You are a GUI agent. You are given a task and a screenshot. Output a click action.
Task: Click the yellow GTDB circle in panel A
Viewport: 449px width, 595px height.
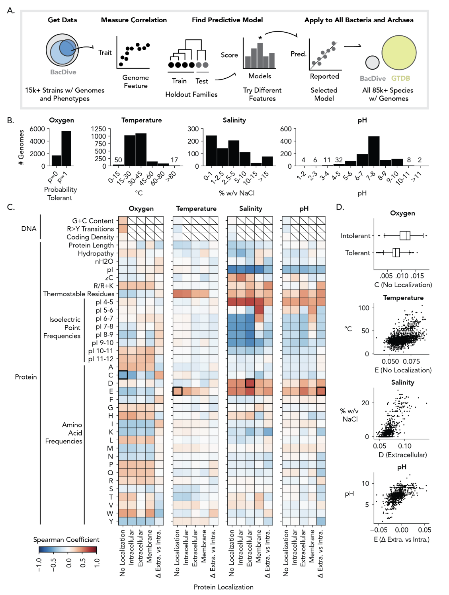click(399, 53)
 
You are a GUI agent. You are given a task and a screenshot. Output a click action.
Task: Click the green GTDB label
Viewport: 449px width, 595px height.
click(400, 78)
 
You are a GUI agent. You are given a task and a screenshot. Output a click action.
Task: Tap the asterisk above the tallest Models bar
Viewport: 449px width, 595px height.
click(260, 38)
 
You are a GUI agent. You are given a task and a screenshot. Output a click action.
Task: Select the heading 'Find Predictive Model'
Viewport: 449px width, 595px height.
click(227, 20)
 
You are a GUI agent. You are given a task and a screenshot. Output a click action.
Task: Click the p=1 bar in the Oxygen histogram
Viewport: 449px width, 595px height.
click(66, 148)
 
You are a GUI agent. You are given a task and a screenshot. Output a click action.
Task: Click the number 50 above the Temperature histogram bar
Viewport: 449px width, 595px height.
click(118, 160)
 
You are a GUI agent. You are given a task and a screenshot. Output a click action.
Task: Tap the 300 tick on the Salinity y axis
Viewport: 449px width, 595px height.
click(193, 129)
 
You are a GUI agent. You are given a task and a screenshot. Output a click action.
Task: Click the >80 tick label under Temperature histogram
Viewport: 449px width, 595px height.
click(171, 175)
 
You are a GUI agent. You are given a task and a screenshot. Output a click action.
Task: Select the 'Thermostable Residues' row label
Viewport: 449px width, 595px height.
click(78, 294)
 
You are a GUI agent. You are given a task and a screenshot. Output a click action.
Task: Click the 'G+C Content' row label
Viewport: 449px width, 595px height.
click(93, 221)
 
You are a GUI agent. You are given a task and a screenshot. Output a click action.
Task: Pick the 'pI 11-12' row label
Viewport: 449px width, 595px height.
click(101, 359)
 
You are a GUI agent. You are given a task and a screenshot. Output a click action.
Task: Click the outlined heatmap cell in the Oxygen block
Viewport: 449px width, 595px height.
click(123, 375)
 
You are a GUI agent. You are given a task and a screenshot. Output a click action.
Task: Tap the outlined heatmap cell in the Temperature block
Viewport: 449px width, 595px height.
click(178, 391)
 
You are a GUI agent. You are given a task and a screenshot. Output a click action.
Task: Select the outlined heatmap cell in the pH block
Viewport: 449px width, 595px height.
click(321, 391)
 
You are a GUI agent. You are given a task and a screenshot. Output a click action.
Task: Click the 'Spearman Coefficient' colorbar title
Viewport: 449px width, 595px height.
click(66, 539)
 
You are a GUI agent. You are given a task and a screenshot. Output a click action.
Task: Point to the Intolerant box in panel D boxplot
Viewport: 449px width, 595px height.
click(405, 235)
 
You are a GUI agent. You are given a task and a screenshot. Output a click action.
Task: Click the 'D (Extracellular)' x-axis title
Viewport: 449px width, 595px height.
click(402, 455)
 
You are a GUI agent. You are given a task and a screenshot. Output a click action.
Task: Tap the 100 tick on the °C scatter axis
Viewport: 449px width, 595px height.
click(363, 308)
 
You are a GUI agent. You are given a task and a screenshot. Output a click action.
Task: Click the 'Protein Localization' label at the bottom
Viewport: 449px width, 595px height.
click(223, 587)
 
